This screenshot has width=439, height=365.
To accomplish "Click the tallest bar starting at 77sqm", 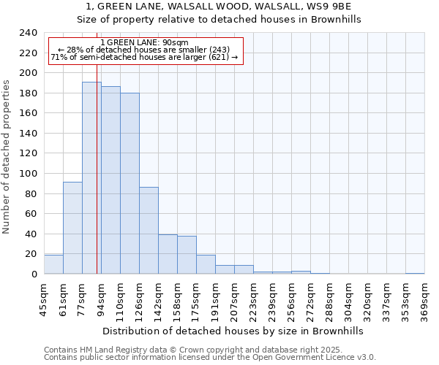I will (x=91, y=178).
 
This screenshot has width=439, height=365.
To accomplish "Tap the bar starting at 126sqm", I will (x=149, y=231).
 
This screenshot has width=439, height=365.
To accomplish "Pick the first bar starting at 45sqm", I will (x=53, y=264).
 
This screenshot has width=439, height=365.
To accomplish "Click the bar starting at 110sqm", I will (x=130, y=183).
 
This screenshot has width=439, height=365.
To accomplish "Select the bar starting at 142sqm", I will (x=168, y=254).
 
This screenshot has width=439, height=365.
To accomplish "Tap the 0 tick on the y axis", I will (x=34, y=274).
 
